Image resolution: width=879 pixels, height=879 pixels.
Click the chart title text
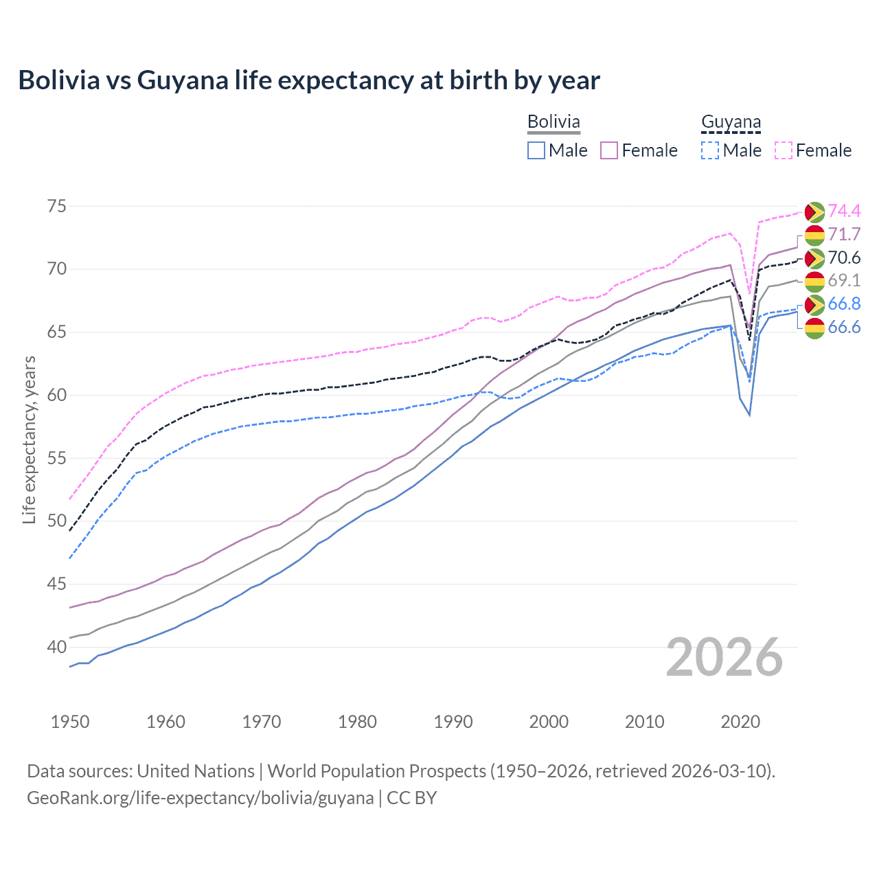point(309,80)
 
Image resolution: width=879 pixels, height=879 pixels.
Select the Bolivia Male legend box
point(536,150)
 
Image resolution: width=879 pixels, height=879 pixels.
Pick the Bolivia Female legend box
point(609,150)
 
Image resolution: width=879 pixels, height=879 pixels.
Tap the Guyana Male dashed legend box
point(710,150)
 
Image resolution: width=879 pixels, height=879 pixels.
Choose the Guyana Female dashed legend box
point(784,150)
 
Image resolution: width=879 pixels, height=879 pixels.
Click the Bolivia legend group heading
point(553,122)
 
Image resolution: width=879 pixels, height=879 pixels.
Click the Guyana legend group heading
point(731,122)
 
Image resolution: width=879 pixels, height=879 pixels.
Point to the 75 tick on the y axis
point(57,206)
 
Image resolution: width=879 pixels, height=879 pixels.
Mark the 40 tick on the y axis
point(57,647)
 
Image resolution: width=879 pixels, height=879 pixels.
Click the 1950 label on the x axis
point(70,722)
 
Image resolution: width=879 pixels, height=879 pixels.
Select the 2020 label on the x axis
point(740,722)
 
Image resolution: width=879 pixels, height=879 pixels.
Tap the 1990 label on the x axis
point(453,722)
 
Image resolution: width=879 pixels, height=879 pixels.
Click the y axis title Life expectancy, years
point(30,439)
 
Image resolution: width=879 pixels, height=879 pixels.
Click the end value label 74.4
point(844,211)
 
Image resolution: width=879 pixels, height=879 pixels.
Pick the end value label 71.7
point(844,234)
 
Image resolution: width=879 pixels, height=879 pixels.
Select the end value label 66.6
point(844,327)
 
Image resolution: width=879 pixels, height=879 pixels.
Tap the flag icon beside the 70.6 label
point(814,258)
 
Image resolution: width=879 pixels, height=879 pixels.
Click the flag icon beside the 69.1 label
point(814,281)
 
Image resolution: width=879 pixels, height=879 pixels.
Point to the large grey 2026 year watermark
point(724,657)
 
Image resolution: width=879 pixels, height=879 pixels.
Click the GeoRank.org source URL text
point(200,798)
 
